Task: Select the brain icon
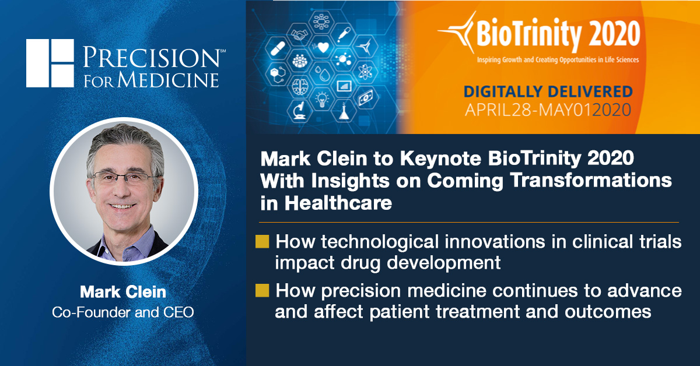click(x=300, y=85)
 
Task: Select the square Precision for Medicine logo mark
click(x=50, y=63)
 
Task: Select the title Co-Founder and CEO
click(x=123, y=312)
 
